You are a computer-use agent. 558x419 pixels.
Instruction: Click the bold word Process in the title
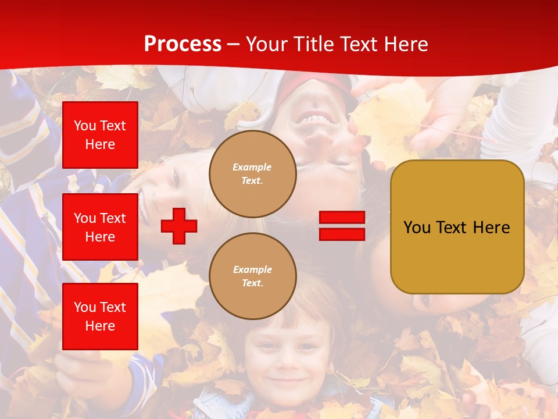pos(183,44)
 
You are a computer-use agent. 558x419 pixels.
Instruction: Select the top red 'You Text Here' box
pos(100,135)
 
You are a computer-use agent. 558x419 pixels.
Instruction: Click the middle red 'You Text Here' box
pos(100,227)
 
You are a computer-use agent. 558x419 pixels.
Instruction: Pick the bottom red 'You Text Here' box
pos(100,316)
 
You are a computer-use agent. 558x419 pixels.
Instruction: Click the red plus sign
pos(179,226)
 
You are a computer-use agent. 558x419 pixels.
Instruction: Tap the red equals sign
pos(342,226)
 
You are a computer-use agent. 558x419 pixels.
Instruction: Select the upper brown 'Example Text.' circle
pos(252,174)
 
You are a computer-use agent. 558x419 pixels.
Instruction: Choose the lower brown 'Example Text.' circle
pos(252,276)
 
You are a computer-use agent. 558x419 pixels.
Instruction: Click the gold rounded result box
pos(457,226)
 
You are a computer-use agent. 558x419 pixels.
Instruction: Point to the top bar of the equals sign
pos(342,218)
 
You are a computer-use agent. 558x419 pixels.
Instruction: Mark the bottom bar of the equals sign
pos(342,234)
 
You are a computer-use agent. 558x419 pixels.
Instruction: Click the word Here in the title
pos(404,44)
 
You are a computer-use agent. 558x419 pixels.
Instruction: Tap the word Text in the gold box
pos(452,228)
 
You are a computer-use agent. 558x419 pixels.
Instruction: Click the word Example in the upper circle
pos(252,167)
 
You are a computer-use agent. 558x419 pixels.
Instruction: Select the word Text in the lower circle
pos(252,283)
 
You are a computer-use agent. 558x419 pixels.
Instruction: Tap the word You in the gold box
pos(417,228)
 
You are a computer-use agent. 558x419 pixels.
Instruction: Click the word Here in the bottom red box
pos(100,326)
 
